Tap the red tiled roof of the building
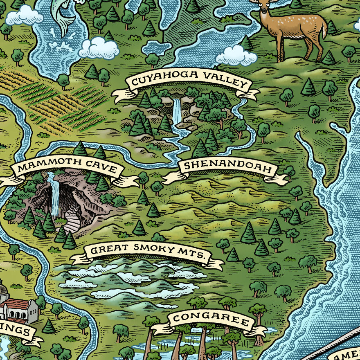click(16, 304)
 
